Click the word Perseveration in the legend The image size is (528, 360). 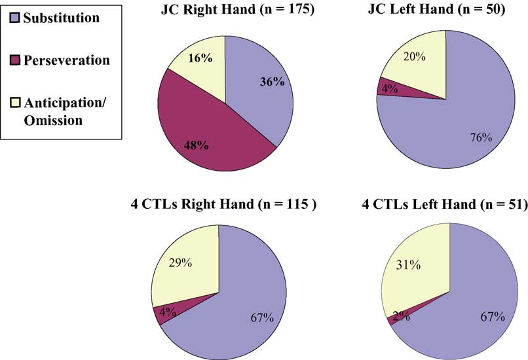click(66, 60)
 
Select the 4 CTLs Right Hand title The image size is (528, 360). click(225, 204)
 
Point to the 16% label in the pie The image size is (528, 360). click(199, 58)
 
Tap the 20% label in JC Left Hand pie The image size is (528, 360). click(414, 57)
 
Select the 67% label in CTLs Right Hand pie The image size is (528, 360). click(260, 317)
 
